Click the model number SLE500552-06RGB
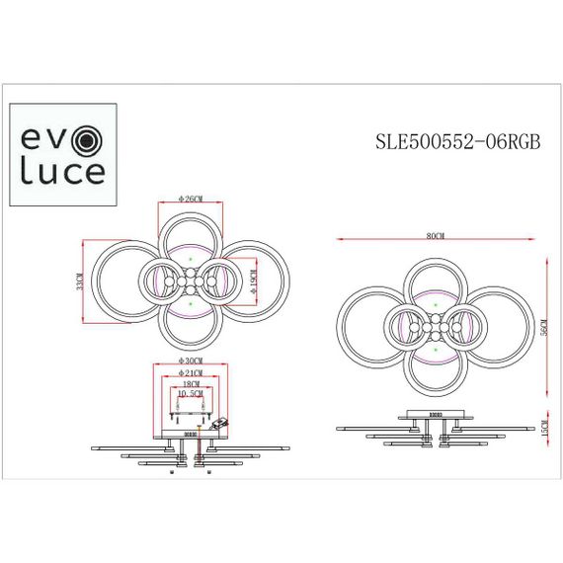[x=458, y=140]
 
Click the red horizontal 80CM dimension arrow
[x=395, y=239]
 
